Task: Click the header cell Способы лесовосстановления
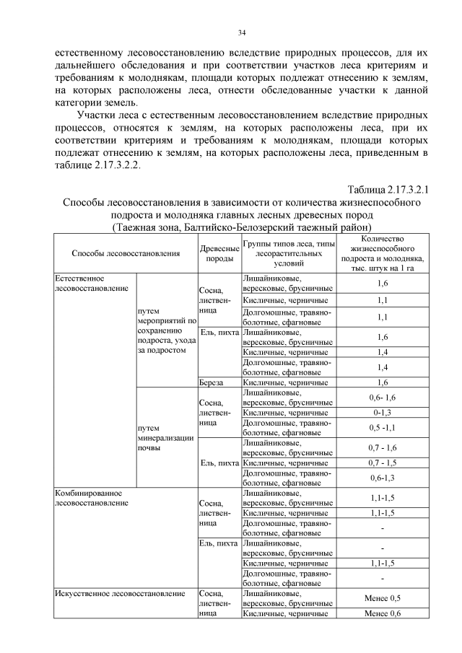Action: [126, 253]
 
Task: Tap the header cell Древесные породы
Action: [219, 253]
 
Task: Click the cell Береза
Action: [212, 382]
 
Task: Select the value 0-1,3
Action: [383, 412]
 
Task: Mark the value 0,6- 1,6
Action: [383, 398]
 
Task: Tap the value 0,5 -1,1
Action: [383, 426]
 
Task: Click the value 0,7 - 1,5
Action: [383, 463]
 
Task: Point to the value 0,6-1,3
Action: [383, 477]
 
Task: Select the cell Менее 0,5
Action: [383, 598]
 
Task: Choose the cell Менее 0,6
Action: [383, 613]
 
